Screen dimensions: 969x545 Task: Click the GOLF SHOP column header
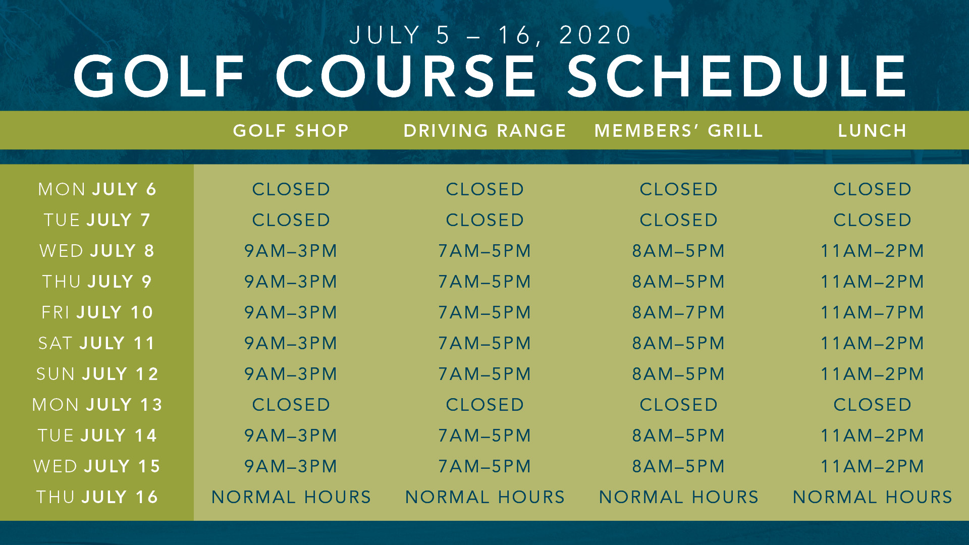click(291, 131)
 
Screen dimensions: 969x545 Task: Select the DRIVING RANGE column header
click(484, 131)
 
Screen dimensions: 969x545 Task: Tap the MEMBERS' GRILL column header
click(678, 131)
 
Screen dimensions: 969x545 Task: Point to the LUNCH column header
click(872, 131)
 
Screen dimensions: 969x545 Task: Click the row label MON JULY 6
click(97, 189)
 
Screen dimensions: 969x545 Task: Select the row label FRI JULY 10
click(97, 312)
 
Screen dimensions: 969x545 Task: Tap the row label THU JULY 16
click(97, 497)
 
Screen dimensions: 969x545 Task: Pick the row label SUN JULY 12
click(97, 374)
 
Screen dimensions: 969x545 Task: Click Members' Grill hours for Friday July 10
click(678, 312)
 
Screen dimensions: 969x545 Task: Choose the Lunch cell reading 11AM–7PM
click(872, 312)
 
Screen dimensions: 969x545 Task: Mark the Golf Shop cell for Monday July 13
click(291, 405)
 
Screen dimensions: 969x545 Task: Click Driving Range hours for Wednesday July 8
click(484, 251)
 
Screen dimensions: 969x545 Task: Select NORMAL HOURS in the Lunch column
click(872, 497)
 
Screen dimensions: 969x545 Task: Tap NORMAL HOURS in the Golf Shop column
click(291, 497)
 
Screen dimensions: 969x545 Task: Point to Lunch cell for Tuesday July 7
click(872, 220)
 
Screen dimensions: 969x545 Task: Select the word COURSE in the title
click(406, 76)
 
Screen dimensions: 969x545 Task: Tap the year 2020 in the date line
click(596, 35)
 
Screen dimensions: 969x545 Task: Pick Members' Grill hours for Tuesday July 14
click(678, 435)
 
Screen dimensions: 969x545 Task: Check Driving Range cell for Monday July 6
click(484, 189)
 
